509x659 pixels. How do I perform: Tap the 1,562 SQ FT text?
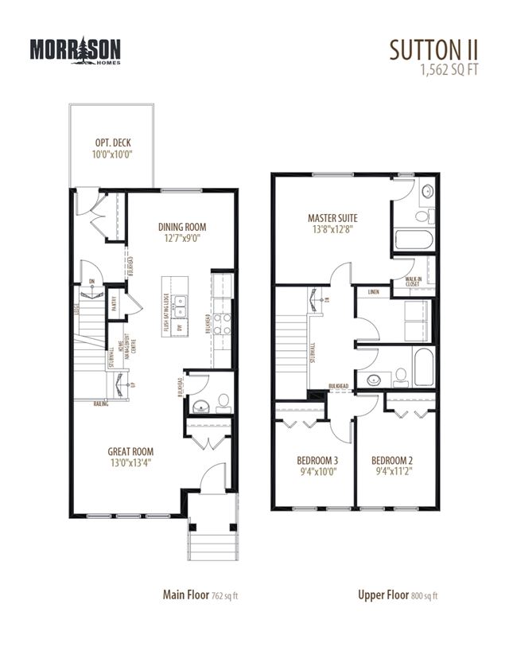click(449, 69)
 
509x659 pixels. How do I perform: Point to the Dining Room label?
click(182, 231)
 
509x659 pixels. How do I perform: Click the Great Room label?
click(130, 457)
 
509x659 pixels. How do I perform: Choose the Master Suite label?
click(332, 223)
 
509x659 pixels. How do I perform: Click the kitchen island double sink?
click(181, 302)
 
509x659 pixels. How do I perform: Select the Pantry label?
click(113, 301)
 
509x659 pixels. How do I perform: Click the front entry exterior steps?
click(210, 548)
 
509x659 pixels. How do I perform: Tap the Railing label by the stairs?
click(100, 404)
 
